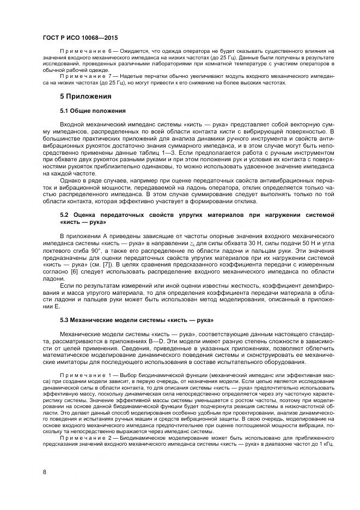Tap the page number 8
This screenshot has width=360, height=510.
pos(44,472)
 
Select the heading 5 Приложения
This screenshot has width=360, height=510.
pos(86,96)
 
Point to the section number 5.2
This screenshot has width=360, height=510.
pos(65,215)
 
